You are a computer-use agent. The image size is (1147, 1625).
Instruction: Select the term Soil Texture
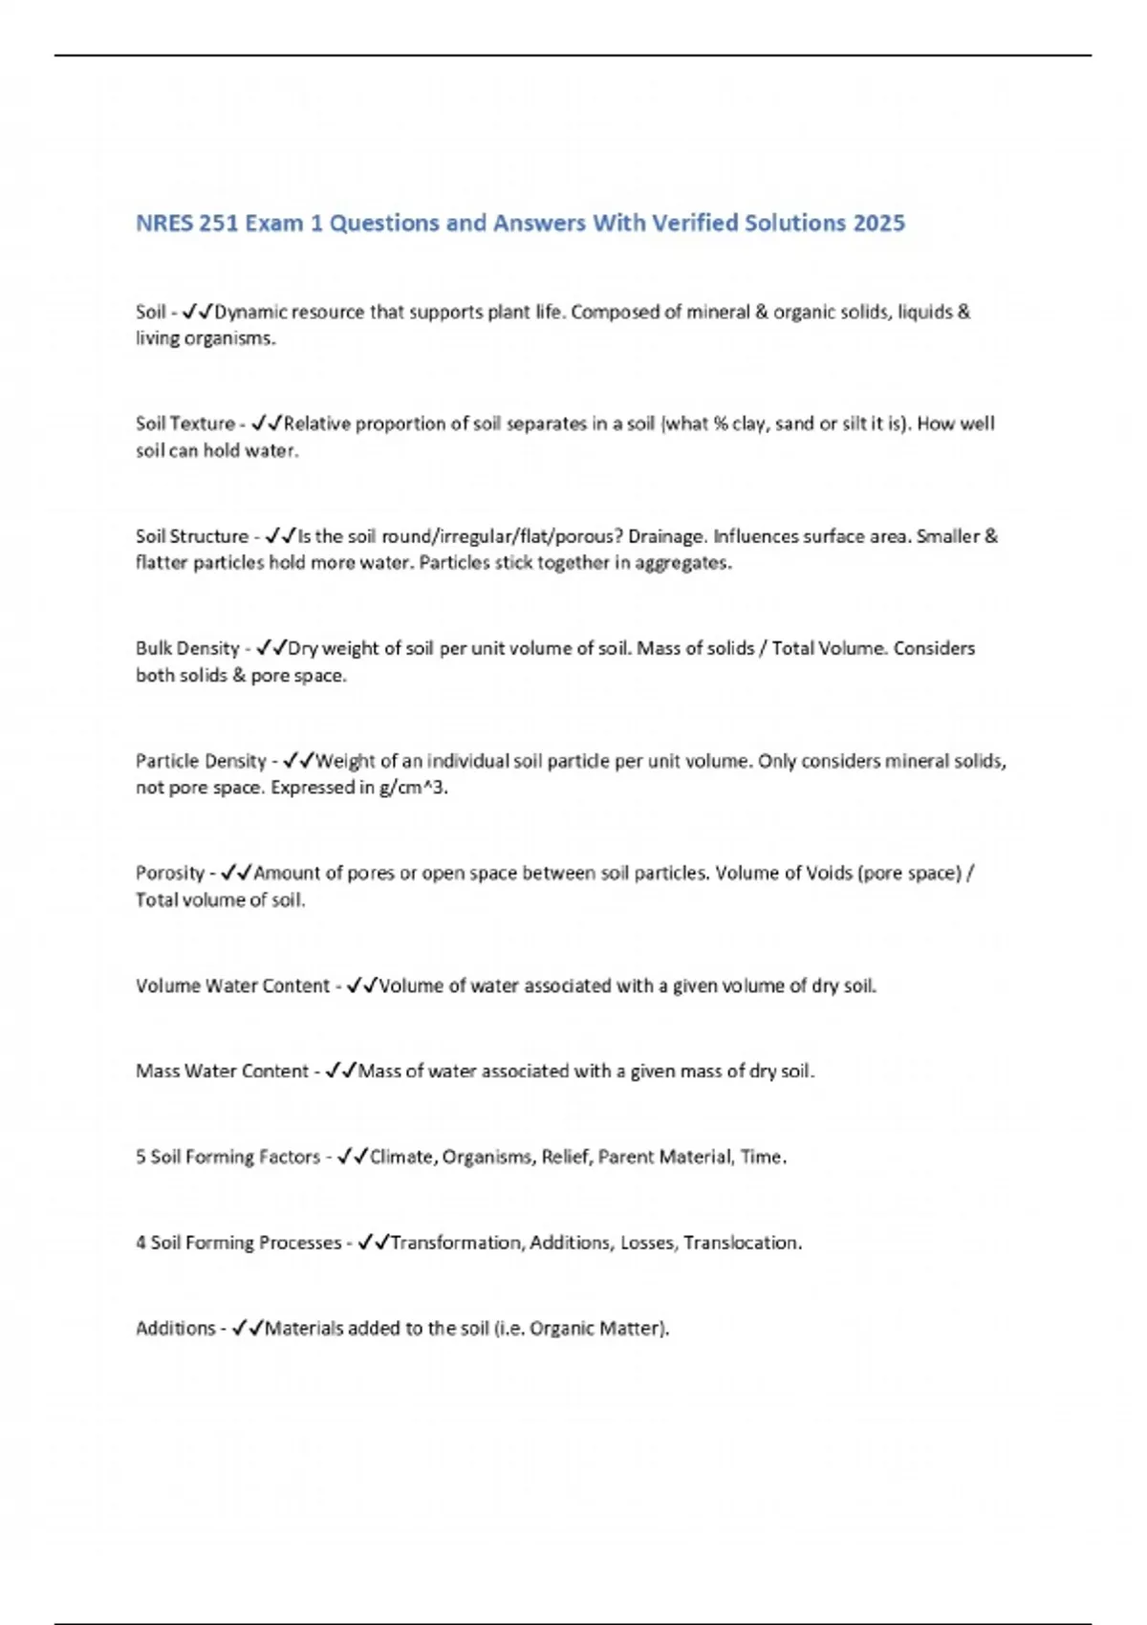tap(185, 423)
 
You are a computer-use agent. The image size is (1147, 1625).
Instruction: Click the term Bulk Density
tap(187, 648)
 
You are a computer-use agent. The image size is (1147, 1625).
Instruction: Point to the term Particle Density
tap(201, 761)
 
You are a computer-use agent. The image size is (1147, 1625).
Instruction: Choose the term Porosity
tap(170, 873)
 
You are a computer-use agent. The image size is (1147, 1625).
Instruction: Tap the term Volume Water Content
tap(232, 986)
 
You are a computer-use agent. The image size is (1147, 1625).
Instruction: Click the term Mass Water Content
tap(222, 1071)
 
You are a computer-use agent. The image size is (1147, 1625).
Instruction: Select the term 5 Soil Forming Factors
tap(227, 1157)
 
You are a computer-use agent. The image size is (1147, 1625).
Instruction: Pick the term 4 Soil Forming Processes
tap(238, 1243)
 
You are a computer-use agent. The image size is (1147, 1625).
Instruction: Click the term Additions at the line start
tap(176, 1328)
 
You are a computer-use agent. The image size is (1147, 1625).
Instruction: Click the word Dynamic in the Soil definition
tap(250, 312)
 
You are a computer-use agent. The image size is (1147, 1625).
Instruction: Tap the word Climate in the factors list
tap(402, 1157)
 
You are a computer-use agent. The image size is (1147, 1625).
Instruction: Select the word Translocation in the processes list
tap(742, 1243)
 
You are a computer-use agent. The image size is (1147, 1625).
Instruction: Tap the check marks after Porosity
tap(235, 873)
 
